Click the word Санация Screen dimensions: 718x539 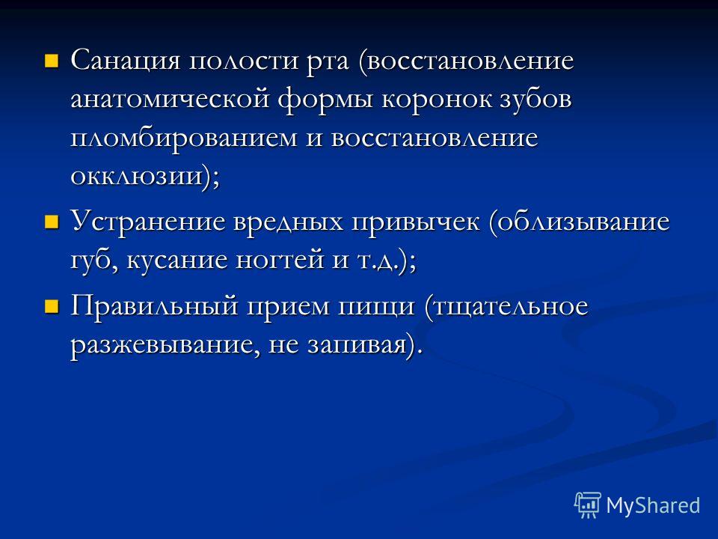[x=126, y=61]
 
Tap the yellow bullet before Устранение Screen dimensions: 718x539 [x=52, y=222]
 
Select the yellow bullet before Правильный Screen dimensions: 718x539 [x=52, y=306]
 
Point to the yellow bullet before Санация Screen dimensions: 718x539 [x=52, y=61]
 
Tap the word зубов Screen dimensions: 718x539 [x=536, y=99]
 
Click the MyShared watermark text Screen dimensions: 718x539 [x=653, y=505]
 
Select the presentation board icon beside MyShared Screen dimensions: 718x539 [x=588, y=505]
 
